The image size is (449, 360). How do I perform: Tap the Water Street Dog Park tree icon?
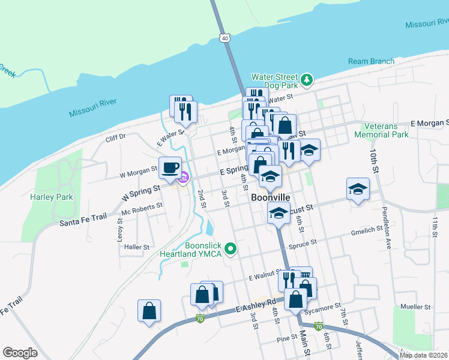click(x=307, y=80)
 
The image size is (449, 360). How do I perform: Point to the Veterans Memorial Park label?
click(x=389, y=130)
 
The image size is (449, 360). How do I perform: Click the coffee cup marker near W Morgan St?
click(x=170, y=167)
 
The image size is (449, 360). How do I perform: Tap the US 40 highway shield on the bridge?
click(x=223, y=38)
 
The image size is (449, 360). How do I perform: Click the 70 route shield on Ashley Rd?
click(x=199, y=319)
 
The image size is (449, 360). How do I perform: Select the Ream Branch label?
click(x=372, y=61)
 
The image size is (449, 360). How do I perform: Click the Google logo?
click(x=20, y=353)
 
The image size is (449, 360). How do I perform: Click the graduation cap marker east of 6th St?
click(x=358, y=190)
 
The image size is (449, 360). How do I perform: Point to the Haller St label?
click(x=137, y=247)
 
